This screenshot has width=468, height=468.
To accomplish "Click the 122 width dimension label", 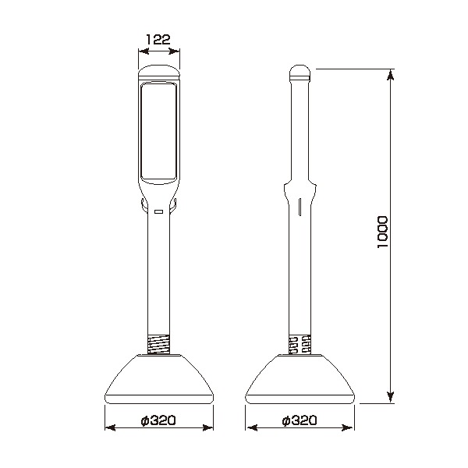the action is pyautogui.click(x=158, y=39).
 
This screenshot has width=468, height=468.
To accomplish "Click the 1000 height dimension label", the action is pyautogui.click(x=382, y=232).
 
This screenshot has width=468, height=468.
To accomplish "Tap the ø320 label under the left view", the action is pyautogui.click(x=158, y=420).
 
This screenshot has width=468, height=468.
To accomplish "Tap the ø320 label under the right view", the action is pyautogui.click(x=299, y=420).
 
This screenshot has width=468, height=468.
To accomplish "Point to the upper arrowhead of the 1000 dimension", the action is pyautogui.click(x=390, y=75).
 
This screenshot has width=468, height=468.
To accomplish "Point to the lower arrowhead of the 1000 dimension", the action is pyautogui.click(x=390, y=397).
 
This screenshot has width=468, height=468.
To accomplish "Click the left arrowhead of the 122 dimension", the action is pyautogui.click(x=144, y=51).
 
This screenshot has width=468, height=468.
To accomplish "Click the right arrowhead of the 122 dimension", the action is pyautogui.click(x=174, y=51).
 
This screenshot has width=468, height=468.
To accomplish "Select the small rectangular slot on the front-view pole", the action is pyautogui.click(x=158, y=211).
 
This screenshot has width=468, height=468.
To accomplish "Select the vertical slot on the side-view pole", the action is pyautogui.click(x=300, y=207).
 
